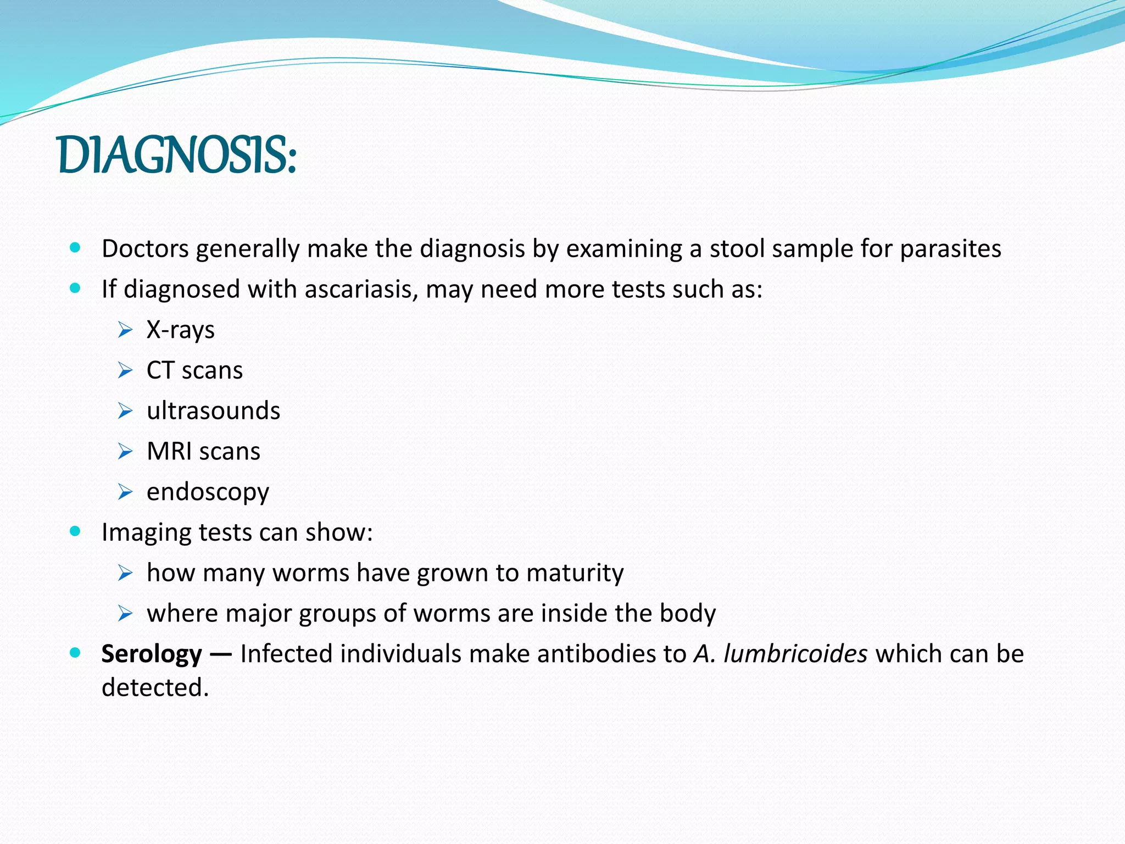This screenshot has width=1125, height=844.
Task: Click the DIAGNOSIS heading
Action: coord(177,156)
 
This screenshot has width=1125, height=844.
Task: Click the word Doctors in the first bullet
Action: coord(145,249)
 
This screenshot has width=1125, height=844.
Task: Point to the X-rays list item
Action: coord(180,330)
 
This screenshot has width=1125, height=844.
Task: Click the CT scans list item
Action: coord(194,370)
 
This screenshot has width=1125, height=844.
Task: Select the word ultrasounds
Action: coord(213,411)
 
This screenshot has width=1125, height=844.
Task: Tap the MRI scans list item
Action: coord(203,452)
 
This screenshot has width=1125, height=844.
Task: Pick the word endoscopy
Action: coord(208,492)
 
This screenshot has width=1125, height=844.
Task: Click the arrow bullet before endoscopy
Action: coord(125,492)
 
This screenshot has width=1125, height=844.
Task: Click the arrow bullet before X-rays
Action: coord(125,330)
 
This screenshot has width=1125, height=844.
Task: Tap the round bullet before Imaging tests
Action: coord(75,531)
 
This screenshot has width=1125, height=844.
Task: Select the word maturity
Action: coord(575,573)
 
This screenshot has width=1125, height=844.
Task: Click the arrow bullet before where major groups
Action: coord(125,614)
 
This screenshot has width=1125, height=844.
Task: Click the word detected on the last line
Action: coord(154,688)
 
